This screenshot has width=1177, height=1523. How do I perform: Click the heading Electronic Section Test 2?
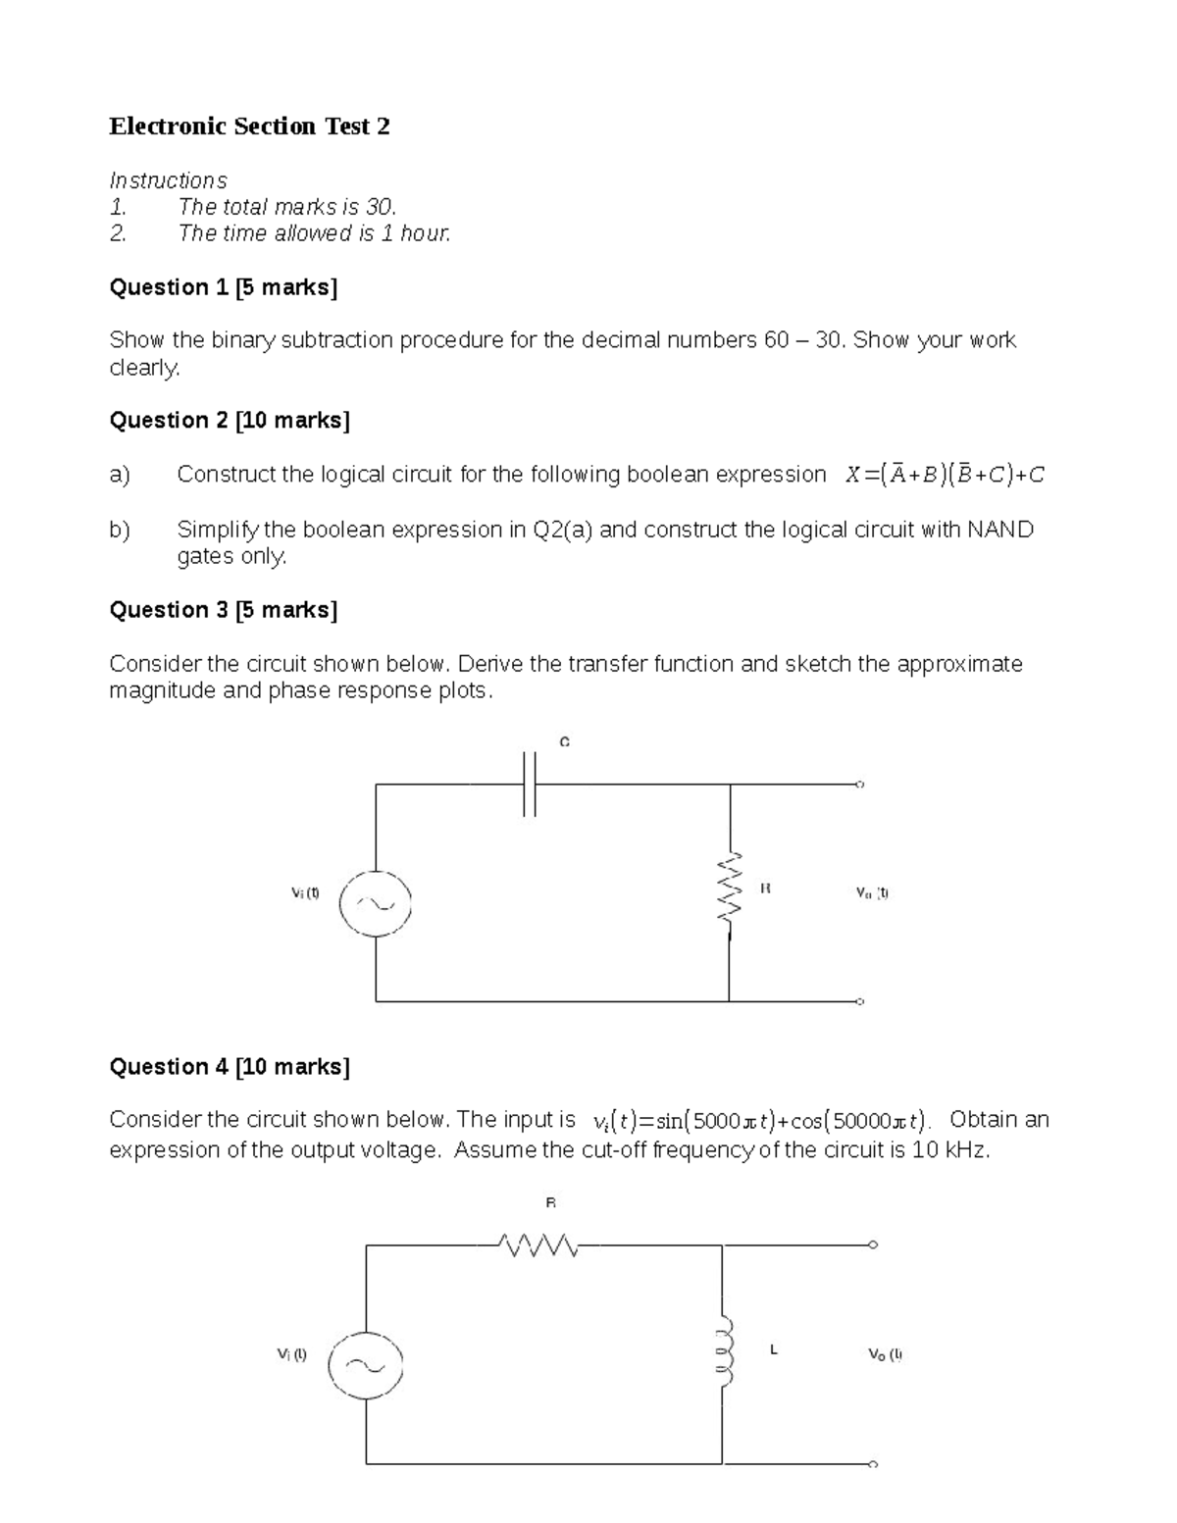point(249,127)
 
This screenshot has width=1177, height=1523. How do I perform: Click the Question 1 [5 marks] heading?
point(223,287)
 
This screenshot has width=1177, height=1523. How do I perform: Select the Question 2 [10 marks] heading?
point(229,421)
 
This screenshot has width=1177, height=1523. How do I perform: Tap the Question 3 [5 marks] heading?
point(223,610)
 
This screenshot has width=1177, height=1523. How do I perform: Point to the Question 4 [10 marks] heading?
point(229,1066)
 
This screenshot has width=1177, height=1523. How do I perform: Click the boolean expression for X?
point(946,476)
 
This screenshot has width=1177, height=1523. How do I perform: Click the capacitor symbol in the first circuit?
point(530,784)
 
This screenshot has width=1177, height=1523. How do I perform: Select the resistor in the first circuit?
point(729,887)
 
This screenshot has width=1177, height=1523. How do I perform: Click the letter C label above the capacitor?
point(564,742)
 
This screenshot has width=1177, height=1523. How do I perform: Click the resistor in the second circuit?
point(538,1246)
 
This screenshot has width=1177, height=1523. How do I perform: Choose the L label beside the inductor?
point(774,1350)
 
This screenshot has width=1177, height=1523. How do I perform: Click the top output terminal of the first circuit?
point(860,785)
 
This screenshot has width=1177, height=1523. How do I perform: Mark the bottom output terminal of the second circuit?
point(873,1464)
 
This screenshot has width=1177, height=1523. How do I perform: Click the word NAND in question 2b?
point(1000,531)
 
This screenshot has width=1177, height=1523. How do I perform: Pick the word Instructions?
point(168,180)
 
